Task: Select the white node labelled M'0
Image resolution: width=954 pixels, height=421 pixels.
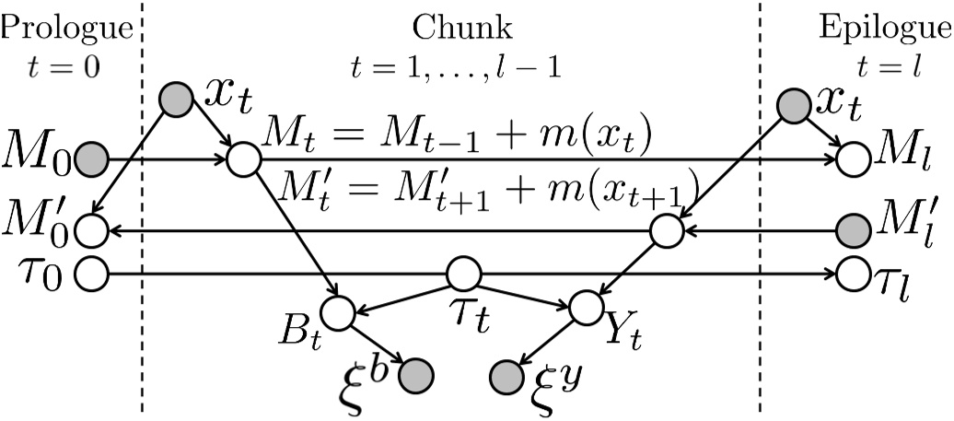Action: tap(91, 228)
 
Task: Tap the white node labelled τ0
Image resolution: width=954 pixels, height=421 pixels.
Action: tap(91, 274)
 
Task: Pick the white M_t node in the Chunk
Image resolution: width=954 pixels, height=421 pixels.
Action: tap(244, 158)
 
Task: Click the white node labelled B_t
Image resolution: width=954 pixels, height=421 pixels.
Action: tap(339, 311)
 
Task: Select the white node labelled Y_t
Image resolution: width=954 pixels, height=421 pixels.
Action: tap(586, 307)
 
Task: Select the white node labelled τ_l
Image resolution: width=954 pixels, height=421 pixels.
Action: tap(853, 274)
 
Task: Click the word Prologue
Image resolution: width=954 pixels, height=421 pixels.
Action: tap(65, 29)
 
